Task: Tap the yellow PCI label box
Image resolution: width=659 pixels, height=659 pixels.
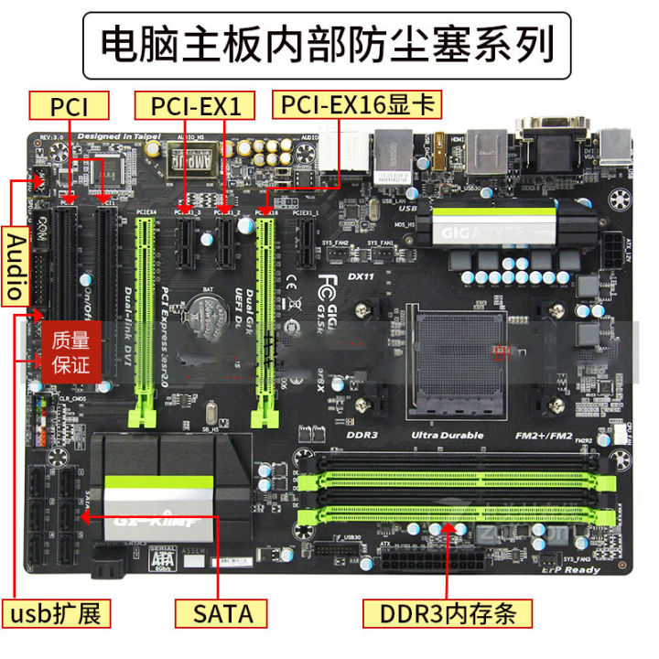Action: point(70,106)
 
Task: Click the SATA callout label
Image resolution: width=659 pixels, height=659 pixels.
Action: point(222,611)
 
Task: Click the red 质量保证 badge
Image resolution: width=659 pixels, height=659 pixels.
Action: point(70,353)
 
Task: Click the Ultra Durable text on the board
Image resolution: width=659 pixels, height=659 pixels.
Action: point(447,435)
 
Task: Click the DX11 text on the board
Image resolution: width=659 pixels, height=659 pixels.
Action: point(362,275)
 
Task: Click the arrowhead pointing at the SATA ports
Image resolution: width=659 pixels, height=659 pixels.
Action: point(81,515)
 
